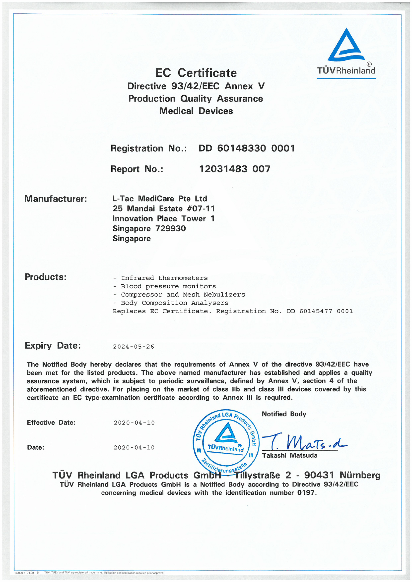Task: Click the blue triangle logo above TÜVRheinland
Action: (346, 46)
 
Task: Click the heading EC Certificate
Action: (196, 73)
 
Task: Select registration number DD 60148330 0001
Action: (246, 148)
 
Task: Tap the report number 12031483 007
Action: (235, 169)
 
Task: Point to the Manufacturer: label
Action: (56, 199)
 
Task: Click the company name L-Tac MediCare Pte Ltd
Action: (160, 199)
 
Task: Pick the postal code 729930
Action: (170, 229)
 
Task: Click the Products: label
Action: (45, 277)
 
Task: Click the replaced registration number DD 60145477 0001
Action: (320, 311)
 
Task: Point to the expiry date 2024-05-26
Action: (134, 347)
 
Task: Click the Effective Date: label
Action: (51, 423)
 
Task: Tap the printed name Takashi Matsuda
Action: (289, 456)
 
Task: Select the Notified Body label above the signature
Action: (284, 414)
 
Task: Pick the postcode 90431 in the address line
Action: (319, 475)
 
